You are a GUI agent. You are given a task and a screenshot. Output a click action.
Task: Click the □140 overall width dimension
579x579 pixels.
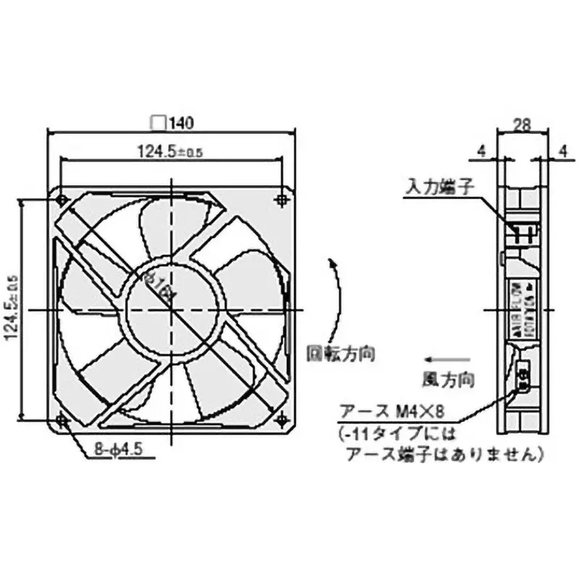(x=172, y=124)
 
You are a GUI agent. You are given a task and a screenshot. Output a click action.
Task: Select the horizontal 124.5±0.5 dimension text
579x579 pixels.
(x=171, y=151)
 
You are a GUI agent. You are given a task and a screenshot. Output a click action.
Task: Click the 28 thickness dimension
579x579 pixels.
(x=522, y=124)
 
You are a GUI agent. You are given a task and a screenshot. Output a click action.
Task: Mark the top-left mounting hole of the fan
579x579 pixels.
(x=61, y=199)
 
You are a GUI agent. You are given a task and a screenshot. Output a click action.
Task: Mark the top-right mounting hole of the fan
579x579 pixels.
(x=282, y=199)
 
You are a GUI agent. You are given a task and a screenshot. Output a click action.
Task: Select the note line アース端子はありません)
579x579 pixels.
(x=442, y=456)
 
